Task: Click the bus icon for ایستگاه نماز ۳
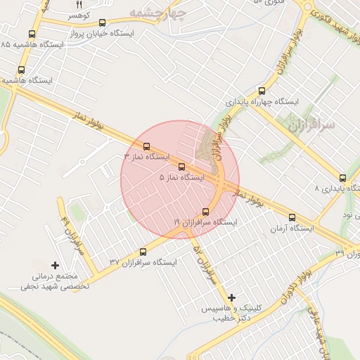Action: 146,147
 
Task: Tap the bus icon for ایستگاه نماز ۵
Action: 182,167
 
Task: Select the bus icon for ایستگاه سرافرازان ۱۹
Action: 205,212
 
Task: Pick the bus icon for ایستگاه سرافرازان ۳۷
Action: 143,252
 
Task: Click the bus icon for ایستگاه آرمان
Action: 293,217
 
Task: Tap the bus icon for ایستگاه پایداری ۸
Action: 342,178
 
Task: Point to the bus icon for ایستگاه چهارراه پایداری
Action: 262,91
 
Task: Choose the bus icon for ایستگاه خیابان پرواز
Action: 103,23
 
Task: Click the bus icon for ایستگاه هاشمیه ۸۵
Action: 32,34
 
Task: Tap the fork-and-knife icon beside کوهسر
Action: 78,4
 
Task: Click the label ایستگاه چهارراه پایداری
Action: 262,102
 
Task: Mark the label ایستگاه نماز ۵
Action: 181,178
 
